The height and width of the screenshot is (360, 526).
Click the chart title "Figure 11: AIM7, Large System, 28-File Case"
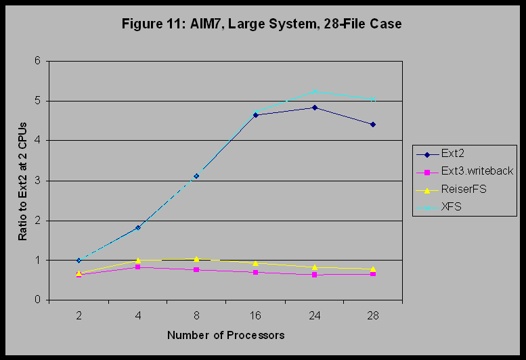pos(261,24)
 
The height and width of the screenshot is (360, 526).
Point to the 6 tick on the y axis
pos(38,61)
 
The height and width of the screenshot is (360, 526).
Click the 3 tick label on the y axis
pos(38,181)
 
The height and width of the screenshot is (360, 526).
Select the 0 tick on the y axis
pos(38,300)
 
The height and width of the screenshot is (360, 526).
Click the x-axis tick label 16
pos(255,315)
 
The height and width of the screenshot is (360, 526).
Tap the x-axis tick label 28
pos(373,315)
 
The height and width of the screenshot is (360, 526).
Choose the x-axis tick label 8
pos(196,315)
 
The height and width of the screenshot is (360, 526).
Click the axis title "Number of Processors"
pos(225,335)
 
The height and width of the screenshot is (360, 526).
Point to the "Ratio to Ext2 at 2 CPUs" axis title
pos(22,180)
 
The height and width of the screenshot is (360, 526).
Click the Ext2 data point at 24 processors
pos(314,108)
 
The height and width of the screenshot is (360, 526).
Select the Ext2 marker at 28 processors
pos(373,125)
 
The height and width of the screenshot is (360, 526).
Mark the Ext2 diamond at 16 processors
pos(255,115)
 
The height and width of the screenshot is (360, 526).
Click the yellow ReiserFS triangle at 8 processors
pos(196,258)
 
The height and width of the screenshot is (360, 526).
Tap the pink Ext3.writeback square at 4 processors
pos(137,267)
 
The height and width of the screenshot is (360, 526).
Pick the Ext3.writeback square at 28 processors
pos(373,274)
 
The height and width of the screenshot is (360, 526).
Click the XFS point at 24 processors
pos(314,91)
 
